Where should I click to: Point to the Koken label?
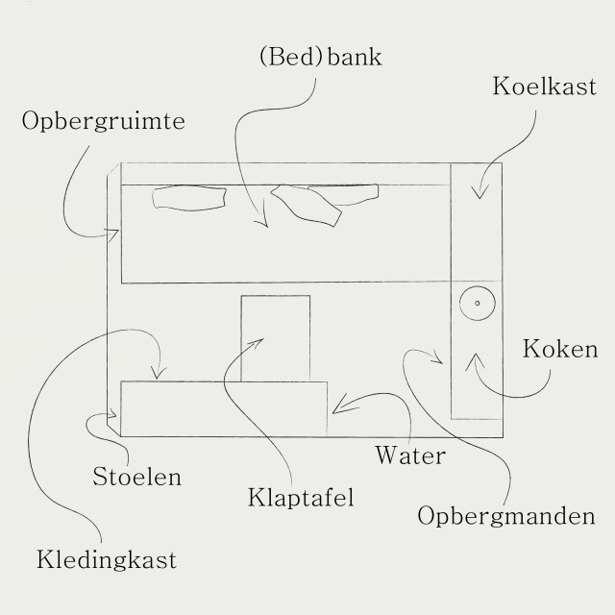pos(560,348)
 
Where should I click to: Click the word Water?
pos(410,454)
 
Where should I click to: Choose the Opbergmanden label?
pos(506,516)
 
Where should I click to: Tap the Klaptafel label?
pos(301,498)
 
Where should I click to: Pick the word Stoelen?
pos(137,476)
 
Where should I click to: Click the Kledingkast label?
pos(107,559)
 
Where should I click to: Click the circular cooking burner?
pos(476,305)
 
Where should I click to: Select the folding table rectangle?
pos(276,338)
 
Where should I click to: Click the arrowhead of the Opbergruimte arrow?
pos(115,234)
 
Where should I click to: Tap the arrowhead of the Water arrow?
pos(336,410)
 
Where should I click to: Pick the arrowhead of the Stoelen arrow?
pos(115,414)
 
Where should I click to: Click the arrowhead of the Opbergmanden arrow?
pos(440,362)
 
